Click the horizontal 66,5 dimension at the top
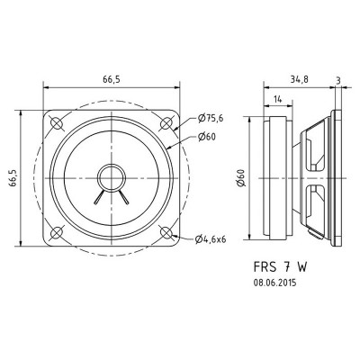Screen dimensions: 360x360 [112, 79]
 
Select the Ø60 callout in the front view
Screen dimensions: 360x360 [205, 138]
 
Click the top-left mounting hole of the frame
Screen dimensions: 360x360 [58, 121]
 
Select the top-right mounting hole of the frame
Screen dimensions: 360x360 [167, 121]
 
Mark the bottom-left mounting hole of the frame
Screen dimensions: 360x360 [58, 231]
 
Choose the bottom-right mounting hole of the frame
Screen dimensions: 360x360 [167, 231]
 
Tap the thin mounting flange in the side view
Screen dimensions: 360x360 [341, 176]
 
